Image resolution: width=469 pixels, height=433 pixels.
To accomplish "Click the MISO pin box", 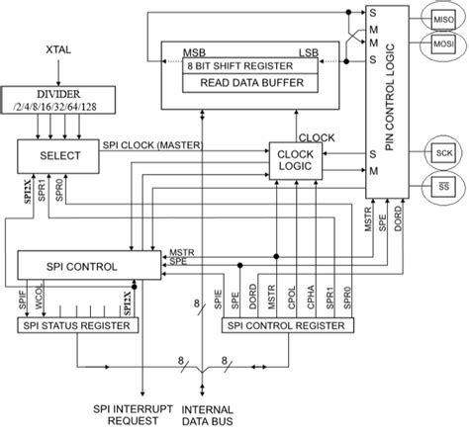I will [x=442, y=19].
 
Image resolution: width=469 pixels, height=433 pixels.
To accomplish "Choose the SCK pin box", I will [x=442, y=151].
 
